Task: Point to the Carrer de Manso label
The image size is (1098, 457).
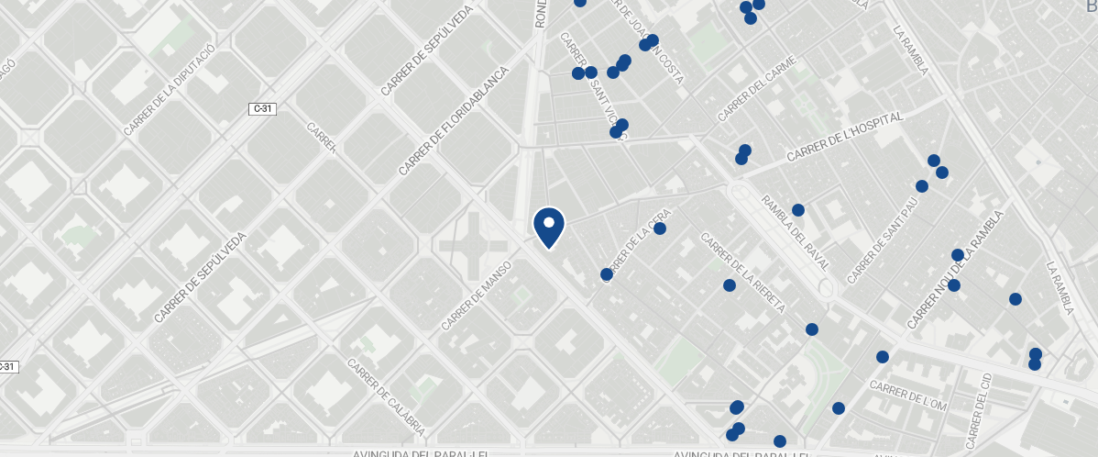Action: (476, 295)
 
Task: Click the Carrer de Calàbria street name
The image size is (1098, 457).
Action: (386, 396)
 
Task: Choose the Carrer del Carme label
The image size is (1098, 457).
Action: (757, 89)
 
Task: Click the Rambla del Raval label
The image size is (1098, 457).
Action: (795, 234)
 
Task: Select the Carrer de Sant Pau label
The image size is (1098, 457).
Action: (882, 243)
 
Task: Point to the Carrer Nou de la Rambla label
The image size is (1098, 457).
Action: (955, 270)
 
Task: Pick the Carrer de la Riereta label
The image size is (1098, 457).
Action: (742, 273)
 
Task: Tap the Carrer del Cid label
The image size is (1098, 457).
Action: (978, 406)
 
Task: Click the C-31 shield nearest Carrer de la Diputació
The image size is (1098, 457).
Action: (262, 109)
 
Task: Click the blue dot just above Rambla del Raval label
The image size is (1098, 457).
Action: (798, 210)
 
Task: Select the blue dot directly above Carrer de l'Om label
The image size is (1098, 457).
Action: (883, 357)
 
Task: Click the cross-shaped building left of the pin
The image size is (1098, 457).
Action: (473, 246)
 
